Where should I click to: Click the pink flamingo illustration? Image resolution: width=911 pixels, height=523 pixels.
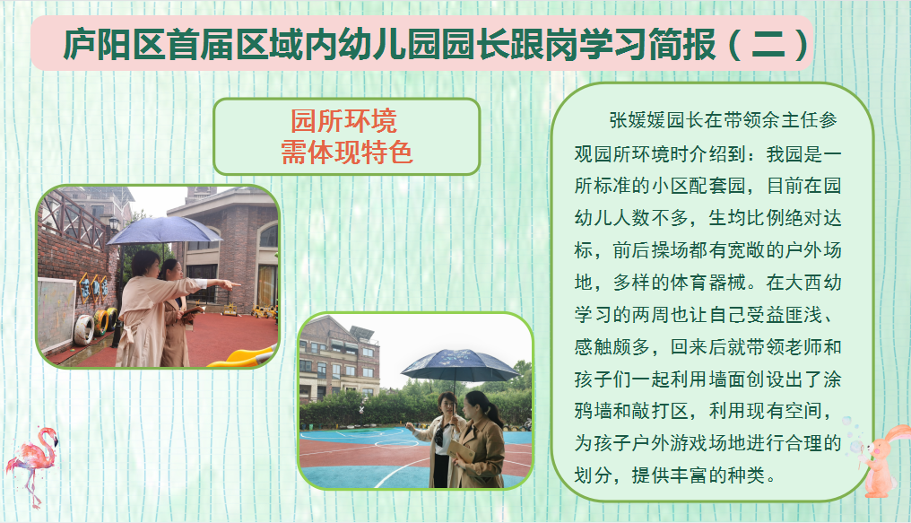32,462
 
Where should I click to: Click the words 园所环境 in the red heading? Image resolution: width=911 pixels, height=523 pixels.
344,121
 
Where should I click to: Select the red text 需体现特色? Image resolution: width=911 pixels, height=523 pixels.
347,153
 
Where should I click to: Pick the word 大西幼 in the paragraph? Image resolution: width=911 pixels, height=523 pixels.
813,283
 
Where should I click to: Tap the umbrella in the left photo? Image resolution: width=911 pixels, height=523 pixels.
164,231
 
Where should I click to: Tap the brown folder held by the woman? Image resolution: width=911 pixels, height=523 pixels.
462,451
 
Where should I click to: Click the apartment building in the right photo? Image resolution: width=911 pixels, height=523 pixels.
339,361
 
